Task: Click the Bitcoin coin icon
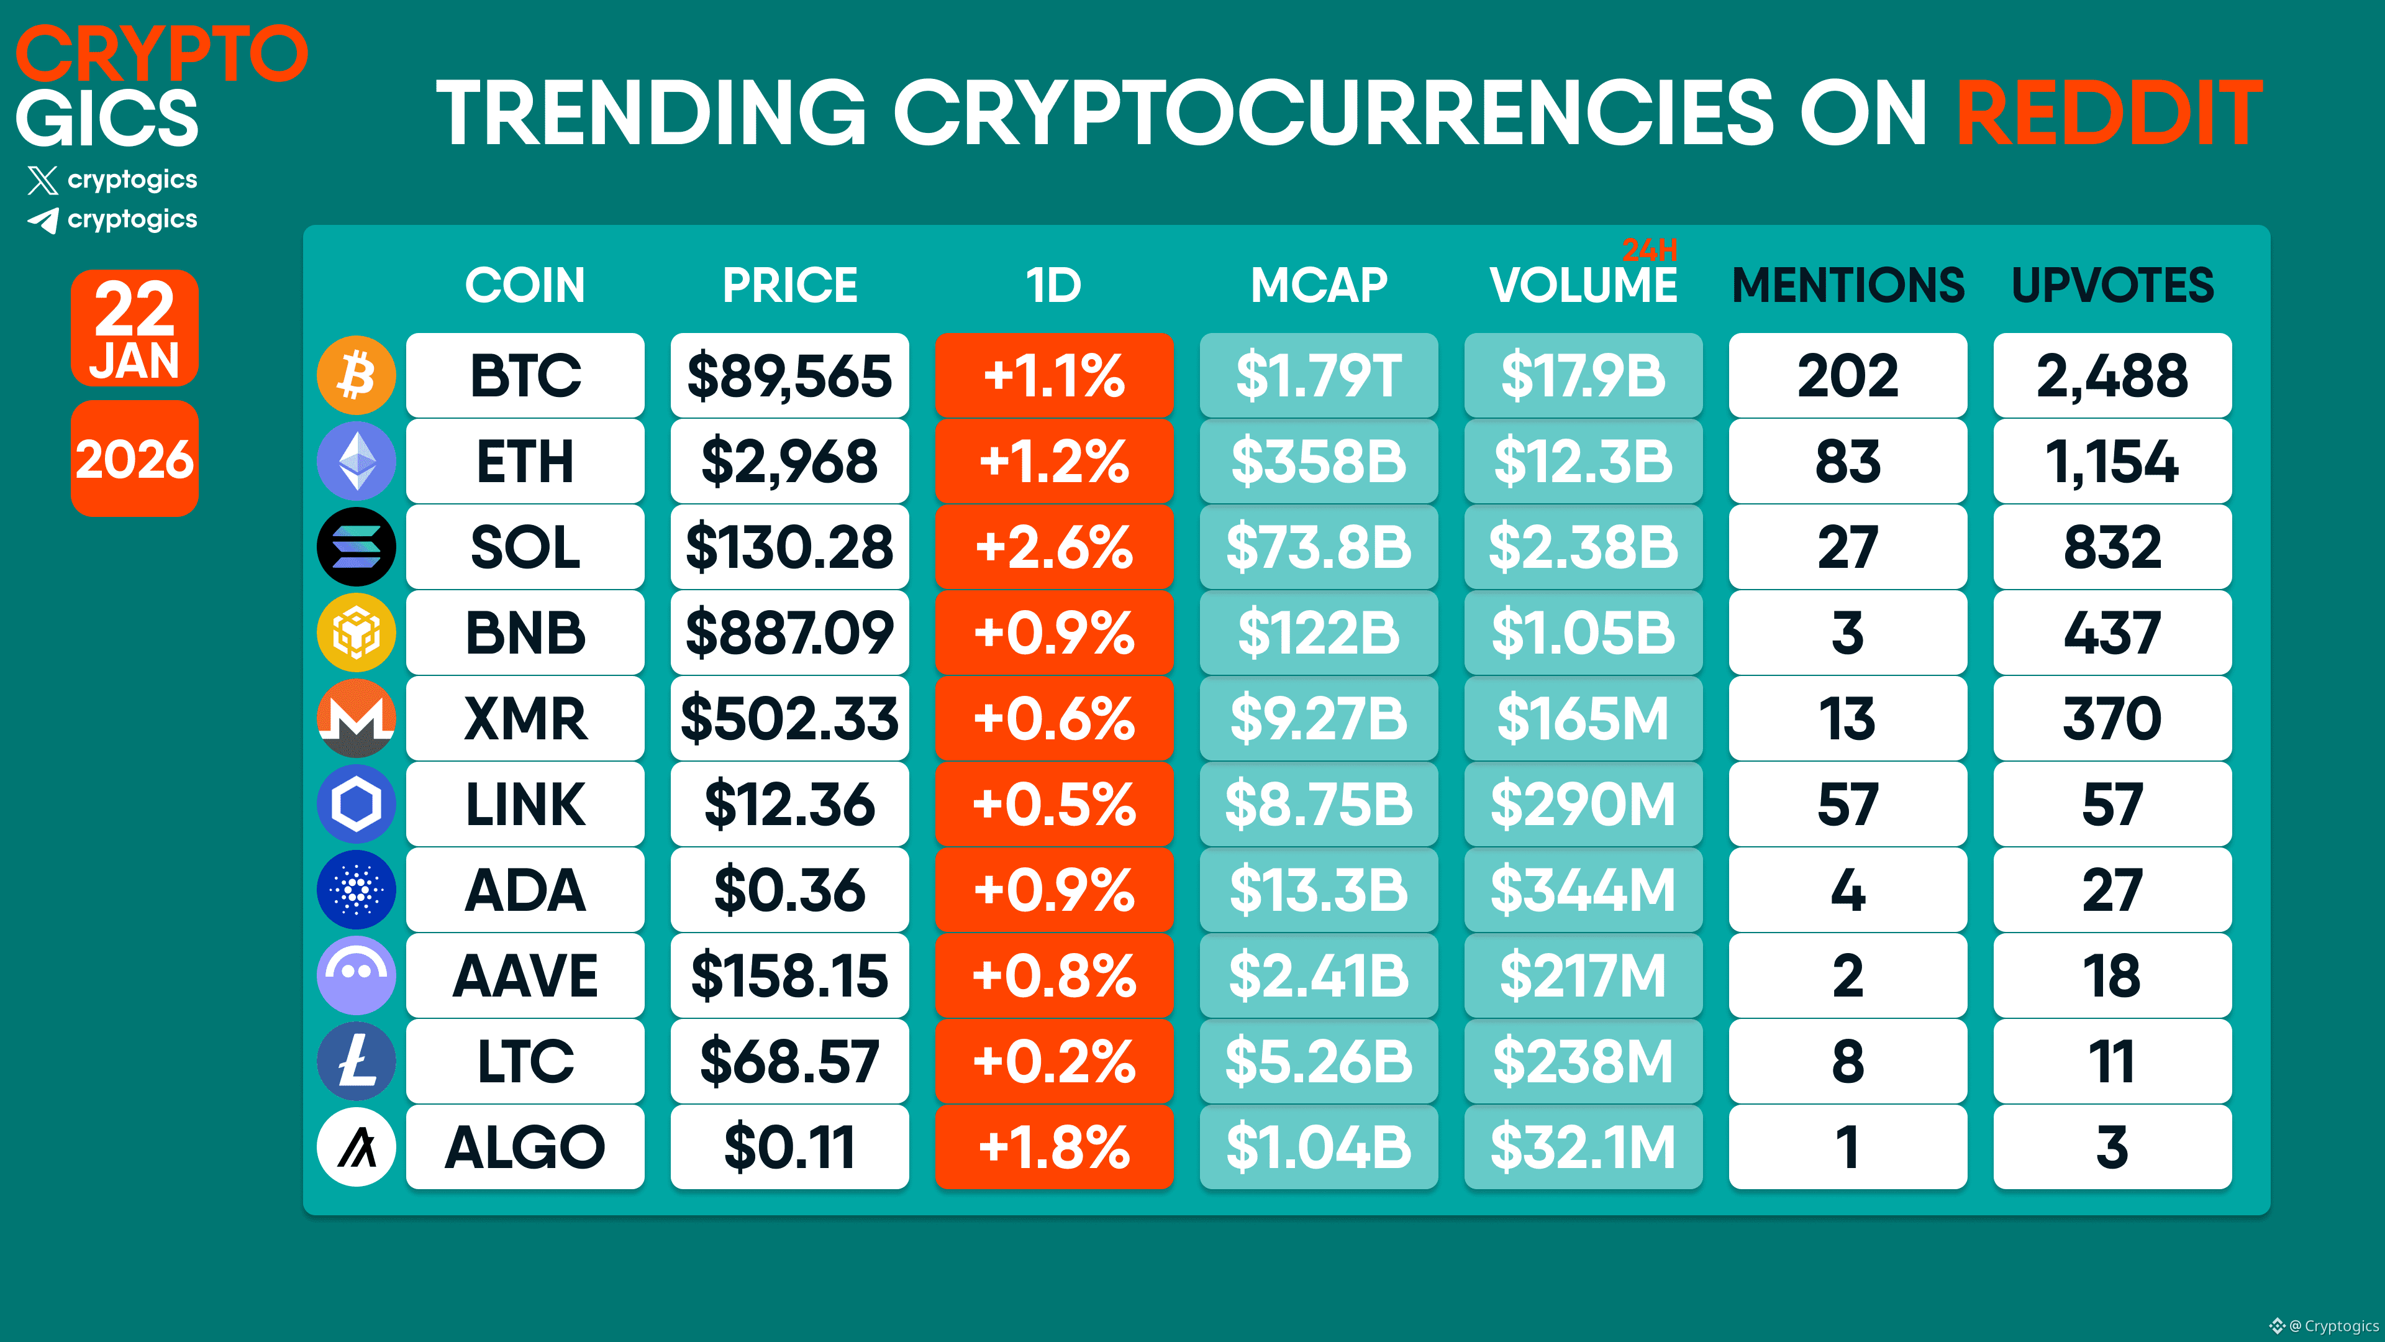357,375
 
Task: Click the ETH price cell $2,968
790,461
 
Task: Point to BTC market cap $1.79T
1319,375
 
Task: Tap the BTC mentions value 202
1848,375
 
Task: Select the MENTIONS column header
1848,285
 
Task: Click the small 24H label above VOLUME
1650,249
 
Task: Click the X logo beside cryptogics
43,180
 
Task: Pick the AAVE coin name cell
525,975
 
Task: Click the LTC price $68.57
790,1061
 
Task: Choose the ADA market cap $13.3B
1319,890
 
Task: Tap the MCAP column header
1319,285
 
